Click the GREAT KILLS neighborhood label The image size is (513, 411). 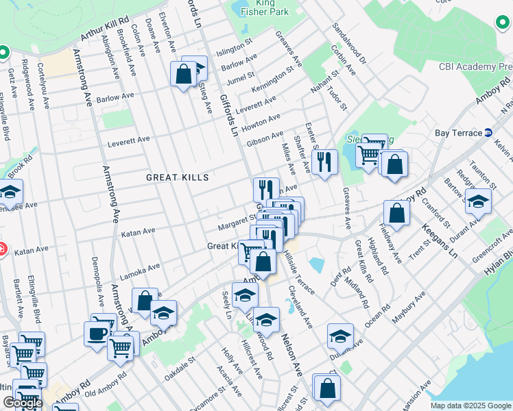[x=177, y=177]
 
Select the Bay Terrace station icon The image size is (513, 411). [x=488, y=132]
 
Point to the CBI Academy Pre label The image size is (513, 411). [x=475, y=66]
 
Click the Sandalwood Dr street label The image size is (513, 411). [x=349, y=42]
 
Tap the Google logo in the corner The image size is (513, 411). [x=22, y=403]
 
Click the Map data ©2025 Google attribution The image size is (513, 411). [x=470, y=406]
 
